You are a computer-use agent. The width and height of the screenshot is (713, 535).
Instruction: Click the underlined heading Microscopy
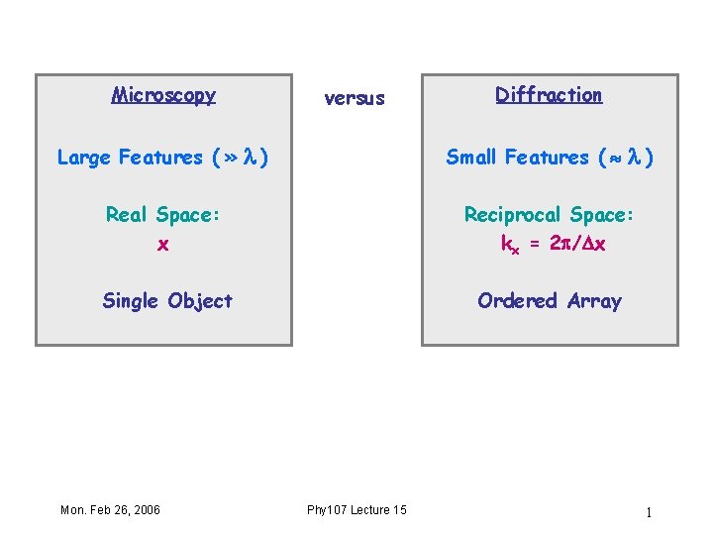coord(163,95)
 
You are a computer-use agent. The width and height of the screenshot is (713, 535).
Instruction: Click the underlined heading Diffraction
coord(549,95)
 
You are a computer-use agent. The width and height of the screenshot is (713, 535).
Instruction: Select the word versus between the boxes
coord(355,98)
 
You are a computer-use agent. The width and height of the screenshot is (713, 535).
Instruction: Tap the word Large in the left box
coord(84,157)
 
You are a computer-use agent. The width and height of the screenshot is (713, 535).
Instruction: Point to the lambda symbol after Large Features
coord(251,157)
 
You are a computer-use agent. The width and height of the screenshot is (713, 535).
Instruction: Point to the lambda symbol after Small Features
coord(631,157)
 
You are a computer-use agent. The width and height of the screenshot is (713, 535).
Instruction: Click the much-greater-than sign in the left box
coord(230,158)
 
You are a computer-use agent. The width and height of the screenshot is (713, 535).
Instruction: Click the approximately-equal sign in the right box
coord(611,158)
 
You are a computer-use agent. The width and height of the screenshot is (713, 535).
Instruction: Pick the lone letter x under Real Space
coord(163,244)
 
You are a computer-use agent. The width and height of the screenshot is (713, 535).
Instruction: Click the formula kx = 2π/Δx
coord(553,244)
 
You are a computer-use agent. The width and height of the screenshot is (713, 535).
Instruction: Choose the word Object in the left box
coord(200,301)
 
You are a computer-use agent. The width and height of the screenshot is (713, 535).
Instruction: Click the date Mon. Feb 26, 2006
coord(110,509)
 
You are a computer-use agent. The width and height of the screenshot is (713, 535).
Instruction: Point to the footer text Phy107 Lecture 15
coord(356,509)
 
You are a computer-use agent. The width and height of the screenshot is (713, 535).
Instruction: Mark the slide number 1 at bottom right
coord(648,512)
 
